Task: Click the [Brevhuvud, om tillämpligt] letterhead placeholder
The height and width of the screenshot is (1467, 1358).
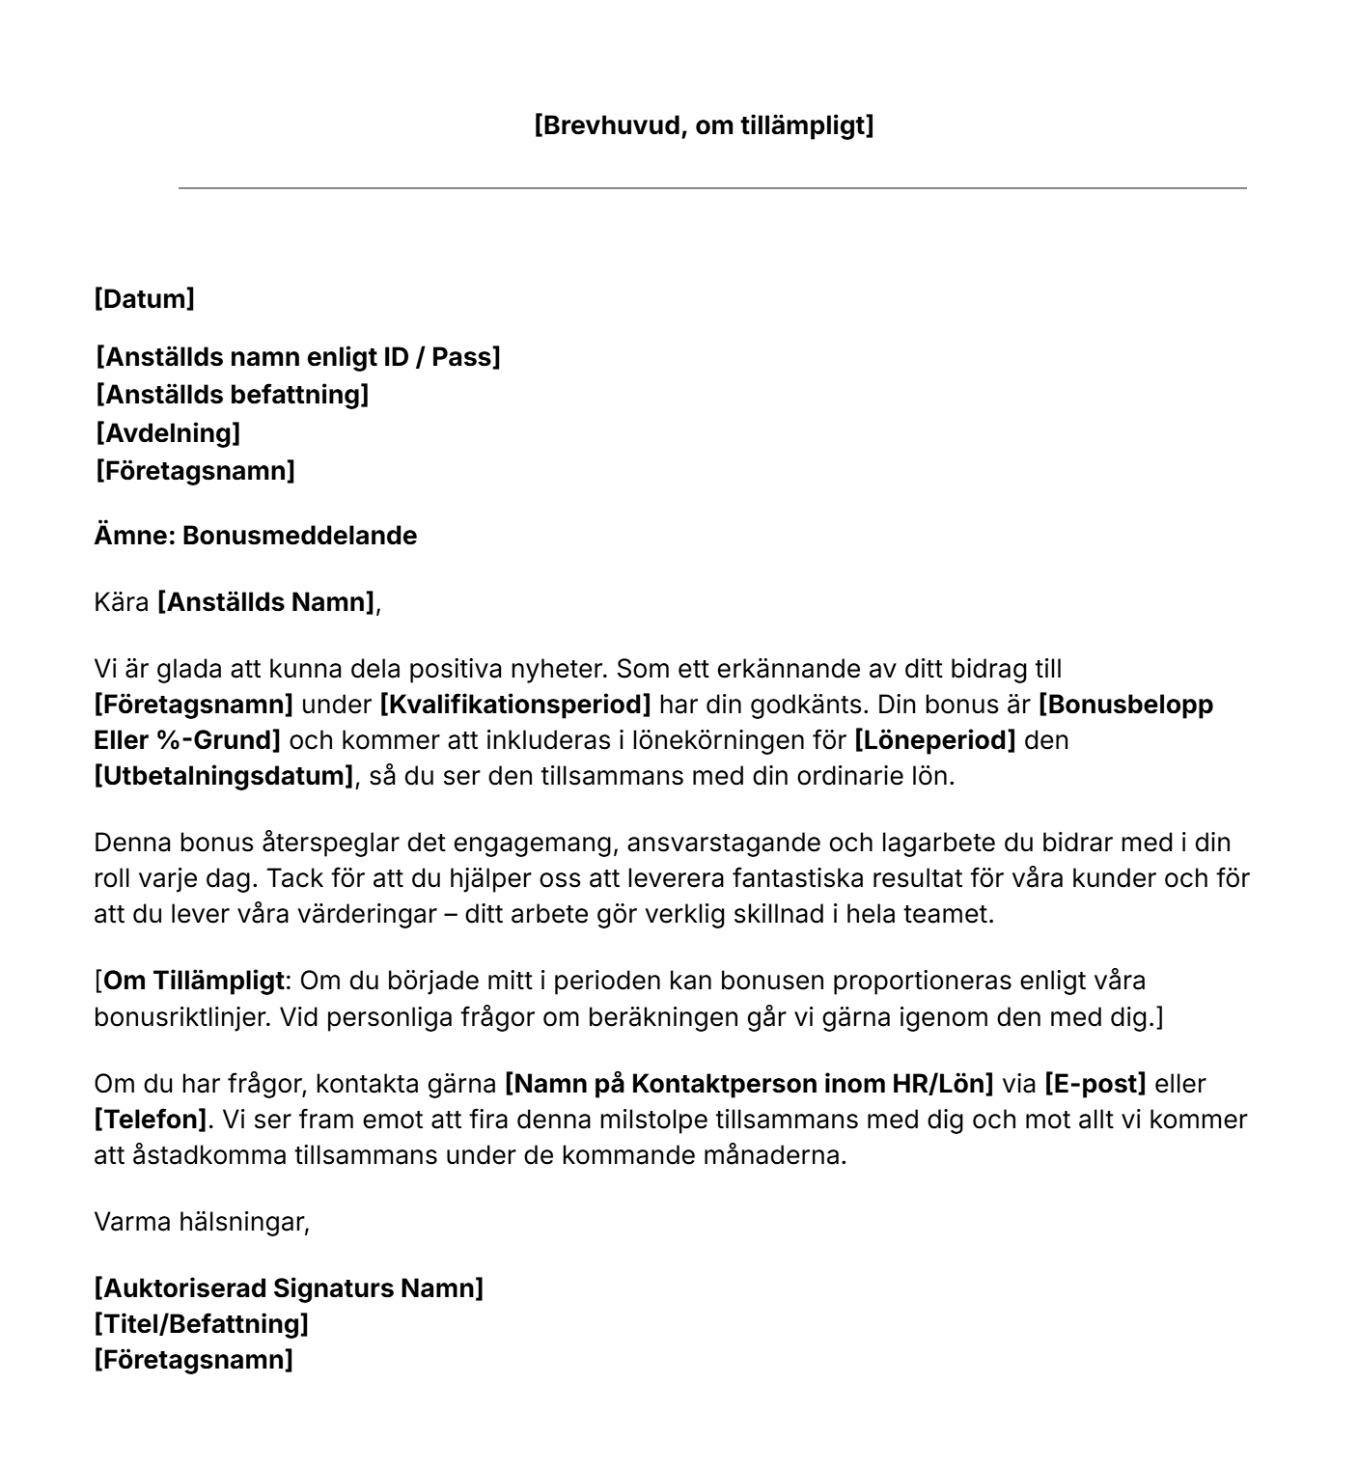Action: click(x=704, y=125)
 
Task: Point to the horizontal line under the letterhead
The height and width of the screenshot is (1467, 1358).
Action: click(x=712, y=188)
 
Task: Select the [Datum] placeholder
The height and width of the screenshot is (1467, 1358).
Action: click(x=144, y=299)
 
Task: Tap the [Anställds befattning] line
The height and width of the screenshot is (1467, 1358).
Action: click(x=232, y=395)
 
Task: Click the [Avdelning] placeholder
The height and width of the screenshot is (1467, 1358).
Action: click(x=167, y=433)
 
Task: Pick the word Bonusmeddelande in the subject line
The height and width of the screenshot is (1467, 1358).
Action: click(x=299, y=536)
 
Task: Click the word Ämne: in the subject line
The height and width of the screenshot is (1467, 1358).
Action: click(x=134, y=536)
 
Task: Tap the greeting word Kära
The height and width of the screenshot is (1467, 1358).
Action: click(x=122, y=603)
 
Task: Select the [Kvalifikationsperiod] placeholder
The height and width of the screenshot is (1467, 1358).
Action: click(x=515, y=705)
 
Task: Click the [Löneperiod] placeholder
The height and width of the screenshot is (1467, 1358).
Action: click(x=935, y=740)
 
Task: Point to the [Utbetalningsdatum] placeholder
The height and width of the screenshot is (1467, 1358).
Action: click(x=224, y=776)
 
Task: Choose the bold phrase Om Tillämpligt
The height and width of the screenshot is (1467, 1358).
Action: click(x=194, y=981)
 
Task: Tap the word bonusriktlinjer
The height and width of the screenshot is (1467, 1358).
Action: click(x=179, y=1017)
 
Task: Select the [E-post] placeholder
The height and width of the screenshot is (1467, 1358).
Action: click(x=1095, y=1084)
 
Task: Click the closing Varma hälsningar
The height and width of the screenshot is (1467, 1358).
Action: click(x=202, y=1223)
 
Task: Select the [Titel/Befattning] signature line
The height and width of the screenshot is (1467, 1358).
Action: click(x=201, y=1323)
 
